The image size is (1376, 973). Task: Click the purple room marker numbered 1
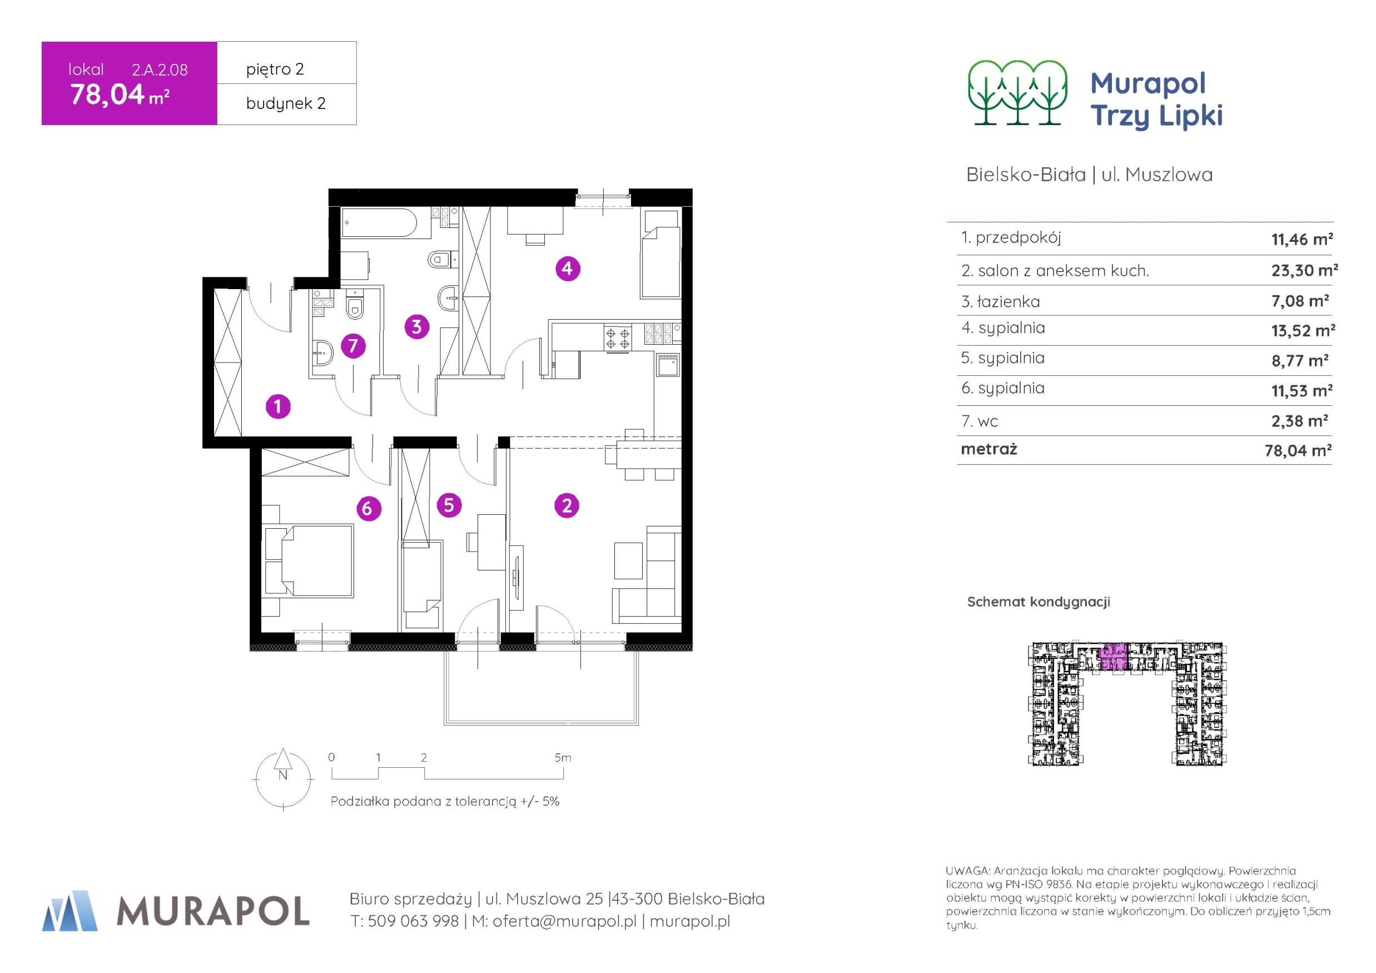point(278,407)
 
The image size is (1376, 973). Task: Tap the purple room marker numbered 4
point(568,268)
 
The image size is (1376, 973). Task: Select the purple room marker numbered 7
point(353,346)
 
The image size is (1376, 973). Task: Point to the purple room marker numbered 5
point(449,505)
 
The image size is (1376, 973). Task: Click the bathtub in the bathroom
point(379,224)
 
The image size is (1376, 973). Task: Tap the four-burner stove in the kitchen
point(617,337)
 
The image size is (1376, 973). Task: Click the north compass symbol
point(284,780)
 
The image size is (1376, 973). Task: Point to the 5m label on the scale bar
point(563,758)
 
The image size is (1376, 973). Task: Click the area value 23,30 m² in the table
point(1304,270)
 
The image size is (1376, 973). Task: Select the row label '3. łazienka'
point(1000,301)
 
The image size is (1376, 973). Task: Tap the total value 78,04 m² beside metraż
point(1298,450)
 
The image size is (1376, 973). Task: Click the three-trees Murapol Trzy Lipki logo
point(1017,93)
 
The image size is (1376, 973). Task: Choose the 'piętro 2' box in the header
point(286,62)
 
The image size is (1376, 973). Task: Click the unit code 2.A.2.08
point(160,70)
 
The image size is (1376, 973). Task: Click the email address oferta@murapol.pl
point(564,921)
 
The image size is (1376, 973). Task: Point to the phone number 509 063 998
point(413,921)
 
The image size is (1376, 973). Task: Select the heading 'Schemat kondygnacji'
point(1039,602)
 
